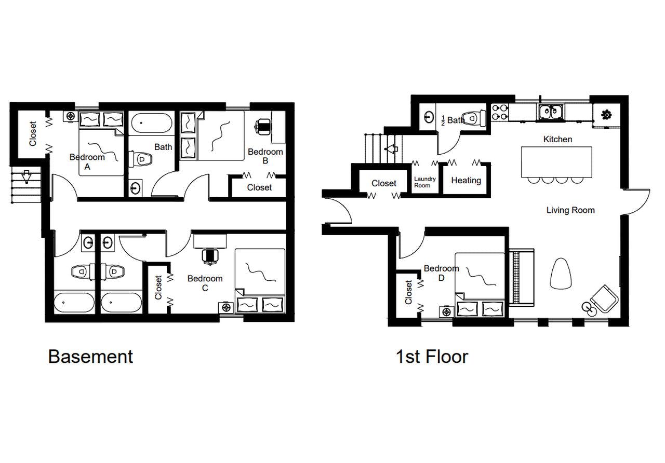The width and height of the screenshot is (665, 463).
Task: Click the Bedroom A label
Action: coord(87,161)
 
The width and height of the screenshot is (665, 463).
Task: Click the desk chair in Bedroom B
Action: coord(264,126)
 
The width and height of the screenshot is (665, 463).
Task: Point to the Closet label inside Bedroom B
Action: coord(259,187)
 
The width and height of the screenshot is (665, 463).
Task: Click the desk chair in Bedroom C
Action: coord(210,255)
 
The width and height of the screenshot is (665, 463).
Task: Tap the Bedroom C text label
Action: coord(205,283)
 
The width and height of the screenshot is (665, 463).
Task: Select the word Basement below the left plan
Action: coord(90,357)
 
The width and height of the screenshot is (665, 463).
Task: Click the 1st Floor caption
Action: coord(432,357)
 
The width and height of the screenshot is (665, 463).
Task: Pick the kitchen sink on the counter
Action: coord(549,111)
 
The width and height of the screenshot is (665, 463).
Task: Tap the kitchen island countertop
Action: coord(556,162)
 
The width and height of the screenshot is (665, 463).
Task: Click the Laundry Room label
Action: coord(424,182)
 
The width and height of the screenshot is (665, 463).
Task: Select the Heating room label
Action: coord(465,181)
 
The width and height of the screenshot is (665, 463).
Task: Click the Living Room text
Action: coord(570,210)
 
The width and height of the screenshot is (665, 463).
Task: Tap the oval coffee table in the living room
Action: coord(562,273)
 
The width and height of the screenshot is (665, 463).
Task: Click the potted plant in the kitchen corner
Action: coord(605,115)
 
